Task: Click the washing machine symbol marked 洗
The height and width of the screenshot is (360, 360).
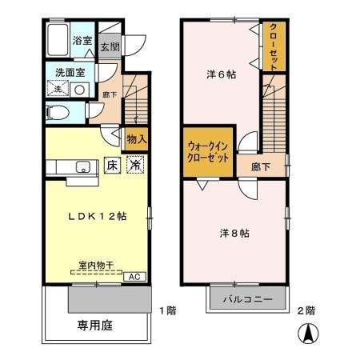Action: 58,90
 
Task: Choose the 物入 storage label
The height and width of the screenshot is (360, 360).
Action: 136,139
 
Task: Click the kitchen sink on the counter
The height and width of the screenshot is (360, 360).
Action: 82,167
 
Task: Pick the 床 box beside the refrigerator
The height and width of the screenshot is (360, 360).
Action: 113,166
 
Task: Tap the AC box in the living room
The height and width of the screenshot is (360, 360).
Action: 135,276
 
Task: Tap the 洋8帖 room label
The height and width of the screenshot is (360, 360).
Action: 234,234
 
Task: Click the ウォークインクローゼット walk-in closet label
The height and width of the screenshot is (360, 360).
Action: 208,150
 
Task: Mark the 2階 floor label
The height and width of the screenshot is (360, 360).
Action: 306,310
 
